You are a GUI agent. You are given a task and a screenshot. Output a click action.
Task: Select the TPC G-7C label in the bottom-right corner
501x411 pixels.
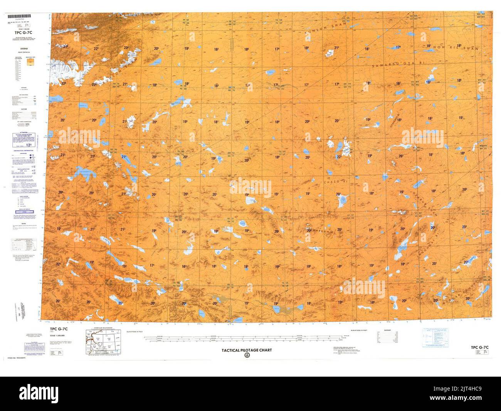pyautogui.click(x=481, y=347)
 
